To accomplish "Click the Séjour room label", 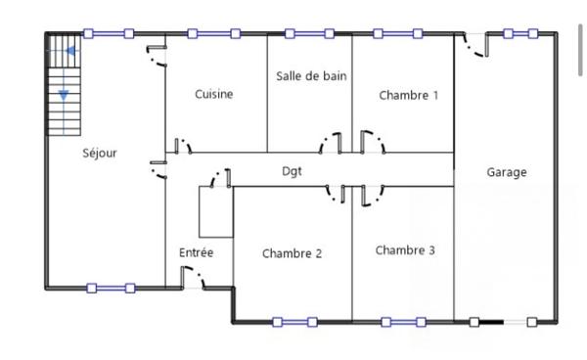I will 100,153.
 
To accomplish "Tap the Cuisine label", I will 213,95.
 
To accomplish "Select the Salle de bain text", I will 311,75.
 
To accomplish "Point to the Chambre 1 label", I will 409,95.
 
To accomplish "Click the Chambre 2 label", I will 292,253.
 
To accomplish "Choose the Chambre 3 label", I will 405,250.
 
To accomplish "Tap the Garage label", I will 507,172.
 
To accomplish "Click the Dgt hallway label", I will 291,171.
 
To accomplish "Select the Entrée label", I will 196,252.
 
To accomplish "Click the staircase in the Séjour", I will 64,86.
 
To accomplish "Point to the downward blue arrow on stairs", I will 64,94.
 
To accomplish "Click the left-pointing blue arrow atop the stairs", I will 70,51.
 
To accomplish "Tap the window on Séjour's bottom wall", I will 109,288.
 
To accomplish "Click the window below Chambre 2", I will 293,321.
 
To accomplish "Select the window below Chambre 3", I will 402,321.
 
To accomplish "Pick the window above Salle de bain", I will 311,33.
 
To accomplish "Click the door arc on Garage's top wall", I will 474,45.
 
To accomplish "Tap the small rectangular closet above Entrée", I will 215,211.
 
